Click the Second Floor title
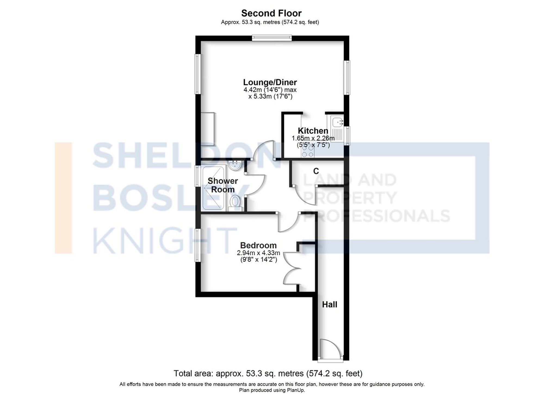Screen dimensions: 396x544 [271, 13]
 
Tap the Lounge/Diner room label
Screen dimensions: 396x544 [270, 82]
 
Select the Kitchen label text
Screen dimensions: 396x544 [313, 131]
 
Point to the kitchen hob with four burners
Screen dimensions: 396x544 [308, 151]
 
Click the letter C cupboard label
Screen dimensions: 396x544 [316, 171]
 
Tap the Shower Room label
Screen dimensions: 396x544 [222, 185]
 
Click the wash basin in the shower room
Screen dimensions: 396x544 [234, 165]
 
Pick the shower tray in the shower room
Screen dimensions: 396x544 [213, 188]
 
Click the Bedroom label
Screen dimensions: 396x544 [258, 245]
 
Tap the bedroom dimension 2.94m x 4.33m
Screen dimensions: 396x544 [258, 253]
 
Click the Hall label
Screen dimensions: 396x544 [329, 304]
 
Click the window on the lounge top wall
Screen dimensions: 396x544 [272, 38]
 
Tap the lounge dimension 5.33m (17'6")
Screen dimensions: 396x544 [270, 96]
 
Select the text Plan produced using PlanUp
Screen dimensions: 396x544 [272, 390]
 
